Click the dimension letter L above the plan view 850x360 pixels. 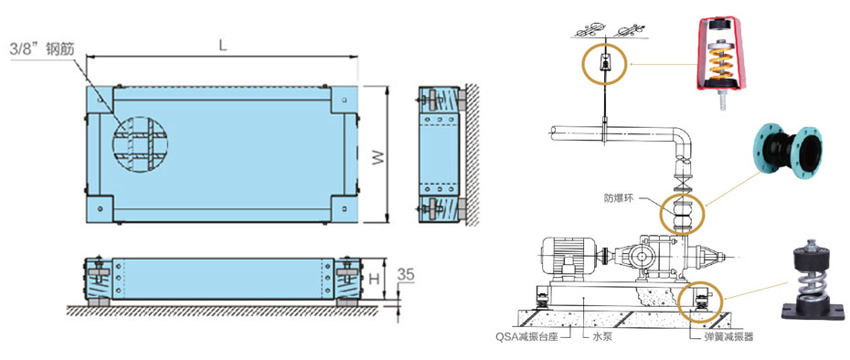[222, 46]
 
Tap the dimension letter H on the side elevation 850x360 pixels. [374, 279]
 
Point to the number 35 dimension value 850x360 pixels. [406, 274]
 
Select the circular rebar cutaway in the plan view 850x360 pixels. [140, 144]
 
